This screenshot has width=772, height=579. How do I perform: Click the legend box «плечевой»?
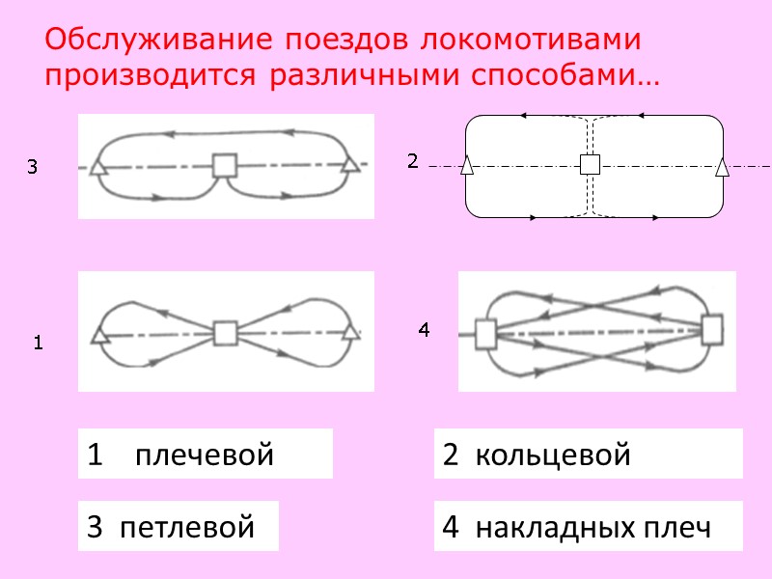[205, 455]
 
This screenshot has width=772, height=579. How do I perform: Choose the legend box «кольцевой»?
[588, 455]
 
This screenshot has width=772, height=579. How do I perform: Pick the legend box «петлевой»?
[179, 527]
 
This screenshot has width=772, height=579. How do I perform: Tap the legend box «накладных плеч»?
[588, 527]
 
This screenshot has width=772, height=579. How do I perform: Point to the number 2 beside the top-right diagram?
[412, 161]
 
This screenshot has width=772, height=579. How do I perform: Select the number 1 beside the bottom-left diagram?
[38, 343]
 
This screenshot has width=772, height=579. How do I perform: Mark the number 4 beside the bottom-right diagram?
[423, 330]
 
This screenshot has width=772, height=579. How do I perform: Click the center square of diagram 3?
[225, 166]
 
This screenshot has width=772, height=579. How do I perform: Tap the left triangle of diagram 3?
[97, 167]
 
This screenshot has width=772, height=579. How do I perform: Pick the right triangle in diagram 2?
[722, 167]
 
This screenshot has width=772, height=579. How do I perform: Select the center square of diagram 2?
[590, 165]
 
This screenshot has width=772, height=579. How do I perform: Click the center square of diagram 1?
[225, 334]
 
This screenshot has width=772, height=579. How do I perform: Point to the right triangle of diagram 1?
[350, 333]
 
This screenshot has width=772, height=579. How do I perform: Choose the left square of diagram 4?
[485, 334]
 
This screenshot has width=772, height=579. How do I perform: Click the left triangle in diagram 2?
[467, 166]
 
